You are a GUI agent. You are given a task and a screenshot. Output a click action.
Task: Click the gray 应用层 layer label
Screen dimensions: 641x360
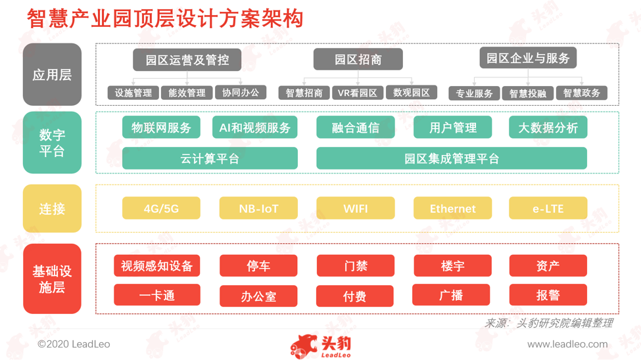click(52, 74)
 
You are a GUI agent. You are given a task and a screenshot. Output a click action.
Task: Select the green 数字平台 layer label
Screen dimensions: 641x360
click(52, 143)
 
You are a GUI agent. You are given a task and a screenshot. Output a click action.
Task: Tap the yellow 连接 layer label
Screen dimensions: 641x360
click(52, 208)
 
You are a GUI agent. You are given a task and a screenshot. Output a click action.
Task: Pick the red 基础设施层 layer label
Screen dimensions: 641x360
click(52, 279)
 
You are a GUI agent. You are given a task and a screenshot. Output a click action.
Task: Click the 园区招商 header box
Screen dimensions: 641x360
click(358, 59)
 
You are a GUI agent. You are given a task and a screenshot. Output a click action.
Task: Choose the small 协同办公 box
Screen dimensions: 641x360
click(241, 93)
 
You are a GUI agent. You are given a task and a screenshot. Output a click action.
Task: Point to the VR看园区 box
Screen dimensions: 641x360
click(358, 93)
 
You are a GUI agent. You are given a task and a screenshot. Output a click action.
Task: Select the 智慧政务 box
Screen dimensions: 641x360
click(581, 93)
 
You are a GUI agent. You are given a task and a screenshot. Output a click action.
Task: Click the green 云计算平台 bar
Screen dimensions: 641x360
click(210, 158)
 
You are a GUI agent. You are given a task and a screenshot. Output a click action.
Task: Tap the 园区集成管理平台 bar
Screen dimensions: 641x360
click(452, 158)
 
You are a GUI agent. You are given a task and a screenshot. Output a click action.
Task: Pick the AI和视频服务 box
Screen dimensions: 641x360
click(254, 127)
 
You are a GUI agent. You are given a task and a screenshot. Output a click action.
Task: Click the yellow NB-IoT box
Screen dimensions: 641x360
click(258, 208)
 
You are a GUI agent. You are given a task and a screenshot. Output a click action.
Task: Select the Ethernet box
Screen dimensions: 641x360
click(452, 208)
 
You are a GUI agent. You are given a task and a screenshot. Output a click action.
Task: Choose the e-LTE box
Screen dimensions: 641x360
click(548, 208)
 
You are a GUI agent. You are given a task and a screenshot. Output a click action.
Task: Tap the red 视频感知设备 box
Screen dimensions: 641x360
click(157, 266)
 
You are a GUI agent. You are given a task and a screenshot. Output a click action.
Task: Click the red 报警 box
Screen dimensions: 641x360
click(548, 295)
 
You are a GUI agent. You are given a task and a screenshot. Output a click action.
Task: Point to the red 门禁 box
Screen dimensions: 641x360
click(356, 266)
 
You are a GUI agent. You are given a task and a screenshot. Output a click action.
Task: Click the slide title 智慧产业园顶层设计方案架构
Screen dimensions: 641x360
click(165, 19)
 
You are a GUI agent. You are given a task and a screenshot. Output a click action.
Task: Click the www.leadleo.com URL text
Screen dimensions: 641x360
click(567, 344)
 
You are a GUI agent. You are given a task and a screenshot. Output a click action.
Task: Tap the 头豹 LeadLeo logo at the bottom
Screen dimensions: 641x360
click(321, 346)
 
